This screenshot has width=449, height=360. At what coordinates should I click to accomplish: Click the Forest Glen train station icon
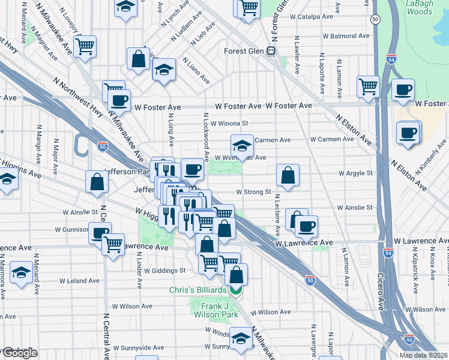(271, 52)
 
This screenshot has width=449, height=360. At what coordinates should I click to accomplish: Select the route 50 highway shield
(375, 20)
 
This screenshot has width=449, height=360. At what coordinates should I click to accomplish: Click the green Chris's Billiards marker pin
(236, 290)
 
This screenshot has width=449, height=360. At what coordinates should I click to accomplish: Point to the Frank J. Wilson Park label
(214, 310)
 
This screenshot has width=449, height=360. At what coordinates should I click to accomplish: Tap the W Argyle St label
(355, 173)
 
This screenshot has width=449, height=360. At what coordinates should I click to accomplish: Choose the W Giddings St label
(164, 271)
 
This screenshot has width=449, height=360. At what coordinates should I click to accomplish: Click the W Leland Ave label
(79, 280)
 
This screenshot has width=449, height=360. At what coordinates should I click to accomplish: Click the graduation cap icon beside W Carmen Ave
(242, 145)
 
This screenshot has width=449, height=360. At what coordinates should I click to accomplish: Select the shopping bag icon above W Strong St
(288, 176)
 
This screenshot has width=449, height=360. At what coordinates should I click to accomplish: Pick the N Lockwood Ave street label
(206, 137)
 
